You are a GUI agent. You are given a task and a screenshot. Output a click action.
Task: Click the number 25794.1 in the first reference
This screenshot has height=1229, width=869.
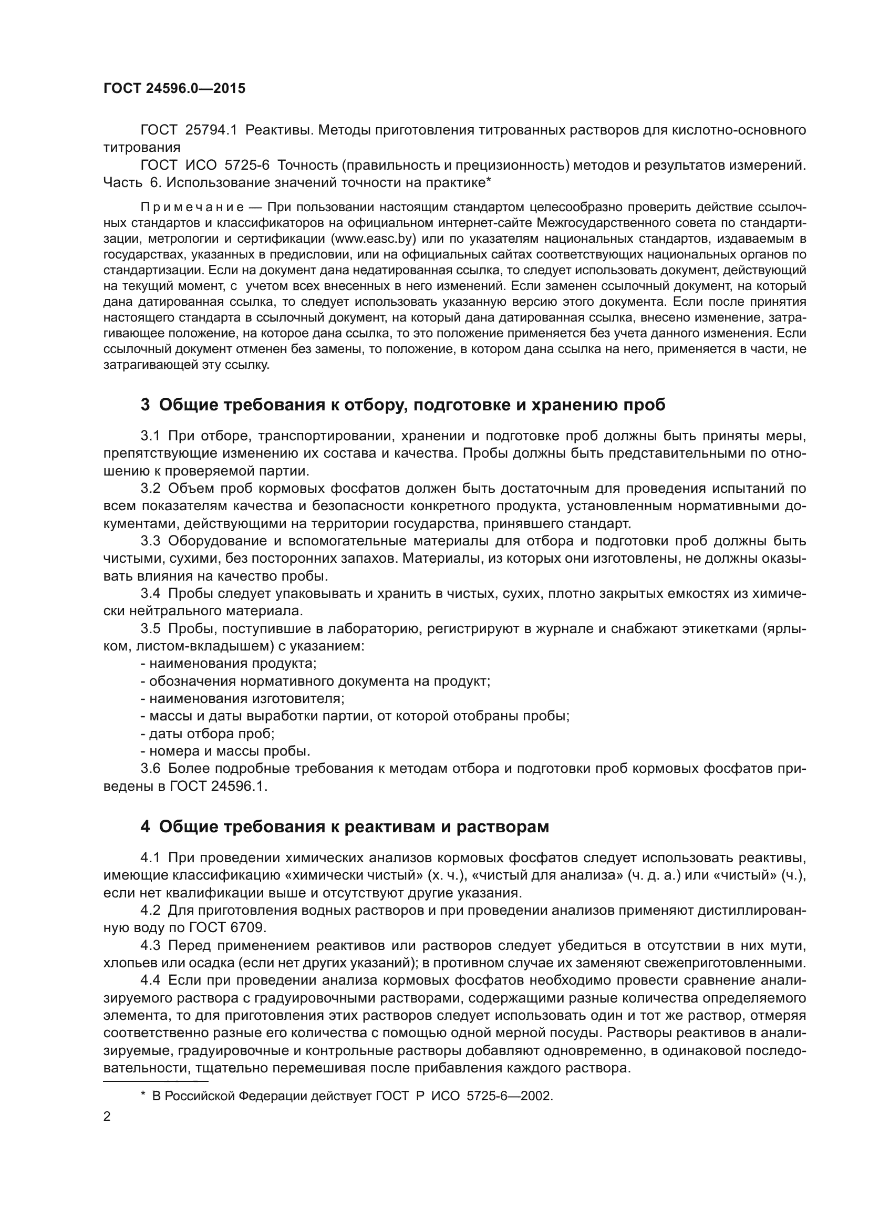(x=210, y=130)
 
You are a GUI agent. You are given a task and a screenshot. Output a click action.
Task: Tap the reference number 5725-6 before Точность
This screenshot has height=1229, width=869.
(x=247, y=166)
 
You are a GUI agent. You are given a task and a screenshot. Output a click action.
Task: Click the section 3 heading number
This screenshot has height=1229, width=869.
(x=145, y=405)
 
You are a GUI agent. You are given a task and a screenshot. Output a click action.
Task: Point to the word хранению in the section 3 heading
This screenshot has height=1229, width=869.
(x=573, y=405)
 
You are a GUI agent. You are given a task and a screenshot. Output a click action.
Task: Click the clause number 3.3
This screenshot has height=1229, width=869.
(x=150, y=541)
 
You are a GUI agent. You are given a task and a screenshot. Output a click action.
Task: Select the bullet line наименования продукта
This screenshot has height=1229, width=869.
(x=229, y=664)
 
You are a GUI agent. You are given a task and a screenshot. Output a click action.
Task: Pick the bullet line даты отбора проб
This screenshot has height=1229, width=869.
(x=208, y=734)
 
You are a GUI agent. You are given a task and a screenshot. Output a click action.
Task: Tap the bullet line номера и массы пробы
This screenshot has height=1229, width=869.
(x=225, y=751)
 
